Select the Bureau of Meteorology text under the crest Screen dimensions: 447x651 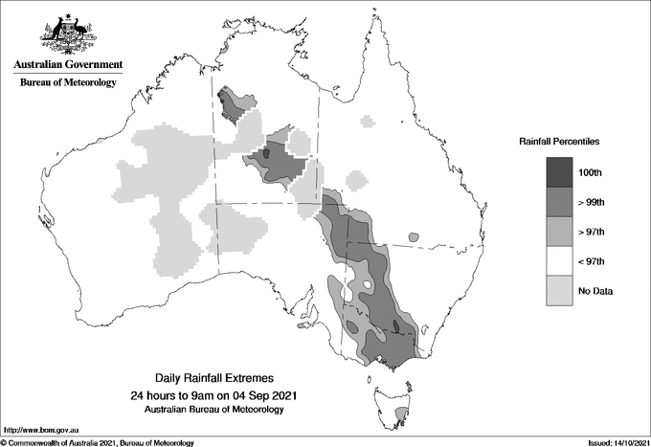[68, 83]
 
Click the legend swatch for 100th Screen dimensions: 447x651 [560, 172]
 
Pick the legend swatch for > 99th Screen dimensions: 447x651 [560, 202]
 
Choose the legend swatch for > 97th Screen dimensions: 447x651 [560, 232]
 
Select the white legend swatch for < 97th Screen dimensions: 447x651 [560, 261]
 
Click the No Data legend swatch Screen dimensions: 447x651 [560, 291]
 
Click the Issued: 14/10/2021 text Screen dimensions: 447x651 [617, 442]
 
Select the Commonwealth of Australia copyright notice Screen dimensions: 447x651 [98, 442]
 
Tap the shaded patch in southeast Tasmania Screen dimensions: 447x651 [402, 413]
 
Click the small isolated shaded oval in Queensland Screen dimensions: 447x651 [413, 235]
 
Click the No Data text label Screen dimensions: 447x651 [595, 291]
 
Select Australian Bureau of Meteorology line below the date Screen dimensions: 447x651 [213, 409]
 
